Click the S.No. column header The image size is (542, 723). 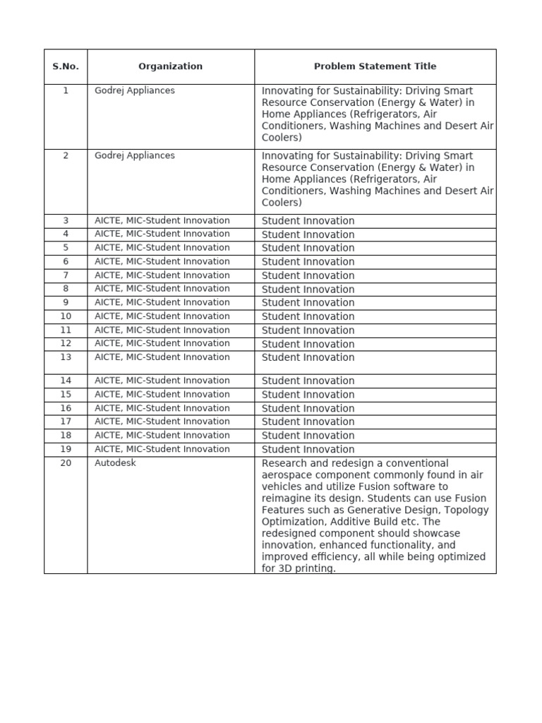[66, 66]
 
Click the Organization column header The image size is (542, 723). [170, 66]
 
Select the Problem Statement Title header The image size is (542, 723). [375, 66]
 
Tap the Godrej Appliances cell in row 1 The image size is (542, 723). [135, 90]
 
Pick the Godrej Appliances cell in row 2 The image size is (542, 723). [135, 155]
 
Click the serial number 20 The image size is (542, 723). [66, 463]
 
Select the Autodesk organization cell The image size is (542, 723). [116, 463]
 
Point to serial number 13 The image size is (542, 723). [66, 357]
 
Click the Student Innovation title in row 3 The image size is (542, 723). [308, 221]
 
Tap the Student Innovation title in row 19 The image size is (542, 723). [308, 449]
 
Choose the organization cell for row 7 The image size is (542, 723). [162, 275]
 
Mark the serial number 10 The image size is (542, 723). [66, 316]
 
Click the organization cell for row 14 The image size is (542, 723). [162, 381]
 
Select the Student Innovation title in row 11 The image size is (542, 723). [308, 330]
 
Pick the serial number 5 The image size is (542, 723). [66, 248]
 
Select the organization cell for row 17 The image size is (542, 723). [162, 422]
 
